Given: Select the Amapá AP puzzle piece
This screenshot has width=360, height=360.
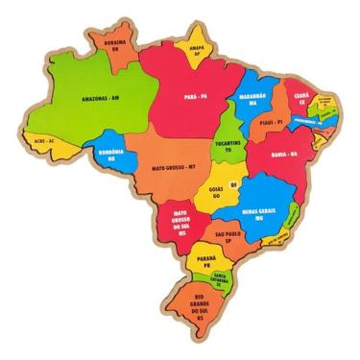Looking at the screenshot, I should [198, 52].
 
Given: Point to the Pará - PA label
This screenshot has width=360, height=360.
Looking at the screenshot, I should [198, 96].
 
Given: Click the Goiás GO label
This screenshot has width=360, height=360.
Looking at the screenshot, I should [216, 193].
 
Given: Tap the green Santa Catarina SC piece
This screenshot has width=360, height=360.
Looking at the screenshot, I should [223, 280].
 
